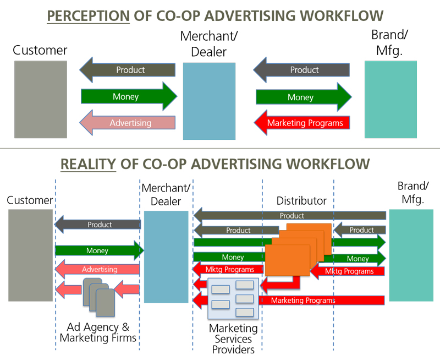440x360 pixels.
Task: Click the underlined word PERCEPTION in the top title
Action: click(88, 15)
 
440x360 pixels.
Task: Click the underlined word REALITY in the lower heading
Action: click(88, 164)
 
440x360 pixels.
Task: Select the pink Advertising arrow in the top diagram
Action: click(130, 123)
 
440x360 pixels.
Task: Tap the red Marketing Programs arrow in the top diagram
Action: click(304, 123)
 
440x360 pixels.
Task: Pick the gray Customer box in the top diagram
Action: click(41, 99)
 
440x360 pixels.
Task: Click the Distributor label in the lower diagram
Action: click(301, 201)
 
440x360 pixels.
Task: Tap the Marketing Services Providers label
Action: click(233, 339)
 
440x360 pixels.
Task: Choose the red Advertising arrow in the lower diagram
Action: click(99, 270)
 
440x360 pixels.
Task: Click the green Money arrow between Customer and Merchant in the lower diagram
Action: click(99, 251)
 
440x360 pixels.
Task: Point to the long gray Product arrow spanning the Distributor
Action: click(291, 215)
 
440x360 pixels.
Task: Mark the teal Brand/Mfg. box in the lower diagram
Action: click(411, 255)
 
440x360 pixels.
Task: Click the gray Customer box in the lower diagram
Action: click(31, 255)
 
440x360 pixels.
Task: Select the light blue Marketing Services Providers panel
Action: click(233, 299)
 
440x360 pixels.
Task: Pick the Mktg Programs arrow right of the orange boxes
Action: click(349, 271)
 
